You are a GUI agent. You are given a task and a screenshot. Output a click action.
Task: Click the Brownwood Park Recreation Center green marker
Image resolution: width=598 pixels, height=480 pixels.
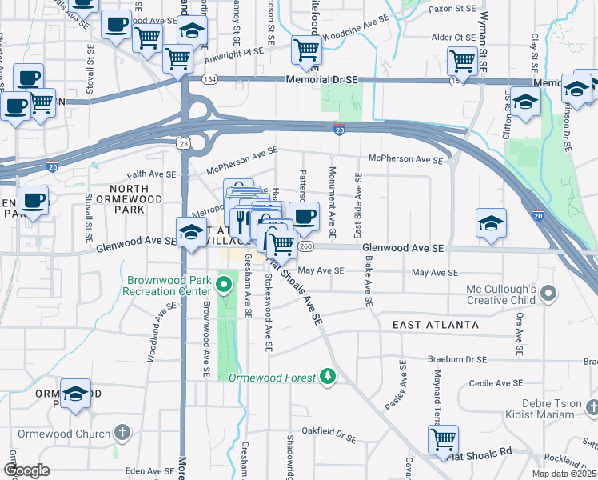(x=225, y=282)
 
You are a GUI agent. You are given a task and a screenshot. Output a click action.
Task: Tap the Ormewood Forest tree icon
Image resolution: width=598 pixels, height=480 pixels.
(x=326, y=375)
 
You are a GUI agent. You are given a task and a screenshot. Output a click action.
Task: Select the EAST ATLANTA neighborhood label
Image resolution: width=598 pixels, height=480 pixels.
(x=436, y=325)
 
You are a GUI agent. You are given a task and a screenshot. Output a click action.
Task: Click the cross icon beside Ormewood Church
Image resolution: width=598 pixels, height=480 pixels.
(x=122, y=434)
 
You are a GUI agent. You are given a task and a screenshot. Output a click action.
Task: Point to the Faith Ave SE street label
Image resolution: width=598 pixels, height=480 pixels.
(x=151, y=174)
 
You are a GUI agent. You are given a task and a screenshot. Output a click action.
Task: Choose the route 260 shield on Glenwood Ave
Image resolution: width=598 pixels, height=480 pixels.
(x=305, y=246)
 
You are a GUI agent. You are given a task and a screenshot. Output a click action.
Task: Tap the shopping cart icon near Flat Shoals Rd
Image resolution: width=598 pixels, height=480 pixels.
(x=443, y=439)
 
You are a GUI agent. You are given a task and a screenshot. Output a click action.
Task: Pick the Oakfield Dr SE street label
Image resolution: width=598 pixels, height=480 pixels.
(x=329, y=438)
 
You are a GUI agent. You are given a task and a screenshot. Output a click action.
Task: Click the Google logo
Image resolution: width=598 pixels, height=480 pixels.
(x=26, y=470)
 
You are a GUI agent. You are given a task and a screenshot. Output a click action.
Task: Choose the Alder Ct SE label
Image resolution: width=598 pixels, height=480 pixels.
(x=453, y=38)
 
